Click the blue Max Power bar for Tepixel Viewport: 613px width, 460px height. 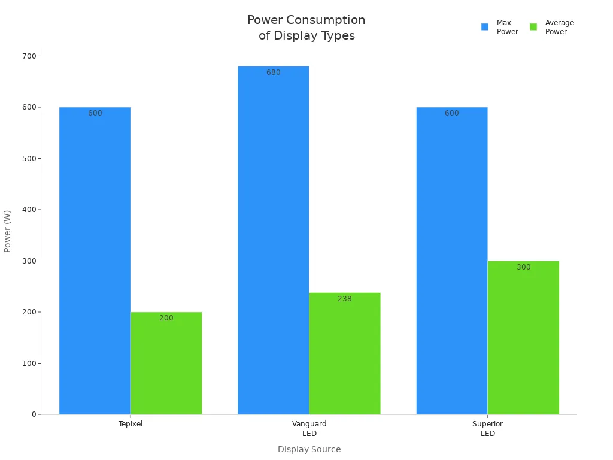tap(95, 261)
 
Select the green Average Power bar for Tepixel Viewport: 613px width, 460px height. tap(166, 363)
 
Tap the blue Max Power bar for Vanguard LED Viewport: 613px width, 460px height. tap(273, 240)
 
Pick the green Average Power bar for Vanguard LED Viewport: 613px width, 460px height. tap(344, 353)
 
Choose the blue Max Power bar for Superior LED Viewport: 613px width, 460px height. tap(451, 261)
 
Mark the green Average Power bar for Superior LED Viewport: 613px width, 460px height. tap(523, 337)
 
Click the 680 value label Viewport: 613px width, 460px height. tap(274, 72)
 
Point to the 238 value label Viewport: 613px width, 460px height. tap(345, 299)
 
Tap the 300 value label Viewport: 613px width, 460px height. tap(523, 267)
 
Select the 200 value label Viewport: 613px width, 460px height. tap(166, 318)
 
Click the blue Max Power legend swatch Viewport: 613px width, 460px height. tap(485, 27)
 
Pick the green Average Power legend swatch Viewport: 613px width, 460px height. tap(533, 27)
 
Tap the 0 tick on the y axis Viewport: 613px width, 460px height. tap(34, 414)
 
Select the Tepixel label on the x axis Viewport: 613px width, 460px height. tap(131, 424)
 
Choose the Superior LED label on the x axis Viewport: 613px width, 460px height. tap(487, 428)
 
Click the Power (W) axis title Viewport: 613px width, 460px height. tap(8, 231)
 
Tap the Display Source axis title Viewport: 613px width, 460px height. tap(309, 449)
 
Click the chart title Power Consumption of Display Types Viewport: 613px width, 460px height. tap(306, 28)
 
